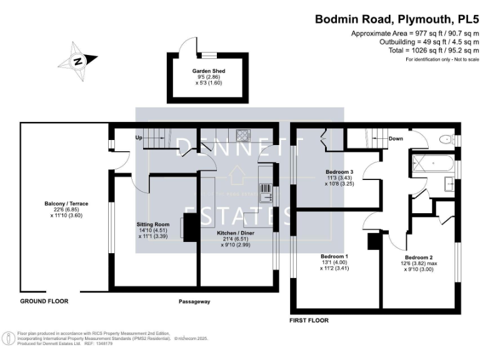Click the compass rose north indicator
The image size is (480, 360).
pos(77,61)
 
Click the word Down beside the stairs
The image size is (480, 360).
pos(396,139)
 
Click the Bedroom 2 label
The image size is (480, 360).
pos(418,257)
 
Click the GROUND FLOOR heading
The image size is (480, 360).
pos(44,301)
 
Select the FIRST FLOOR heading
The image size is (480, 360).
pos(309,320)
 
